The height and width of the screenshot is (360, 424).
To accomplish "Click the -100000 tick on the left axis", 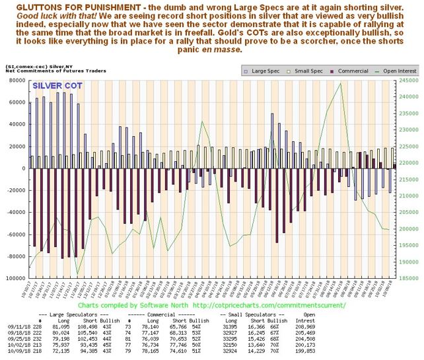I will tap(14, 279).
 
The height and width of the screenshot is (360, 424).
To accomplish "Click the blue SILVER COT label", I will tap(58, 86).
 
